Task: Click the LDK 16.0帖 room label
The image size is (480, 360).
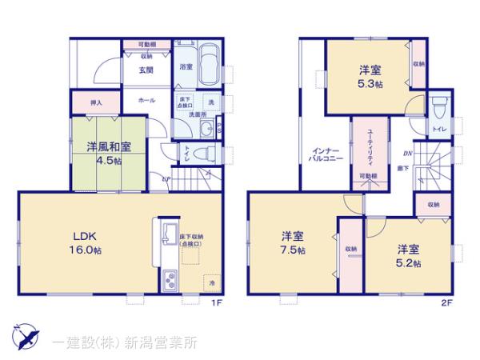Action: tap(86, 242)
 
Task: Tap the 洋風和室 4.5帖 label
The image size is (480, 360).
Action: tap(105, 153)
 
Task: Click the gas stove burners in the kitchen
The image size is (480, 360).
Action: tap(170, 281)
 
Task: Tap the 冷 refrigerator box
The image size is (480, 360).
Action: tap(212, 283)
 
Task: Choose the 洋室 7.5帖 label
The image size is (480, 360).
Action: tap(293, 242)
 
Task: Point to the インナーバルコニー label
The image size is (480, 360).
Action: tap(328, 154)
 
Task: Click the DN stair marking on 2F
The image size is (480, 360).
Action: tap(406, 154)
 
